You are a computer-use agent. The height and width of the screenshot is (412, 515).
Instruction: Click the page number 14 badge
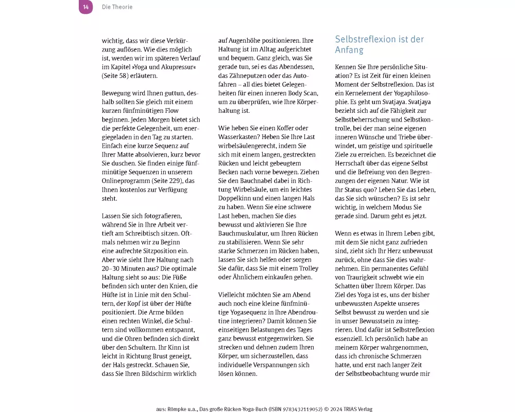(x=85, y=7)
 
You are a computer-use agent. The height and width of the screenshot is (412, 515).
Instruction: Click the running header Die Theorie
(x=117, y=7)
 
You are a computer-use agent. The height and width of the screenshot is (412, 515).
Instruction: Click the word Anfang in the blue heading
(x=349, y=50)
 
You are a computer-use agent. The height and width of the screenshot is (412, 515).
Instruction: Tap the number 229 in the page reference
(x=174, y=180)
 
